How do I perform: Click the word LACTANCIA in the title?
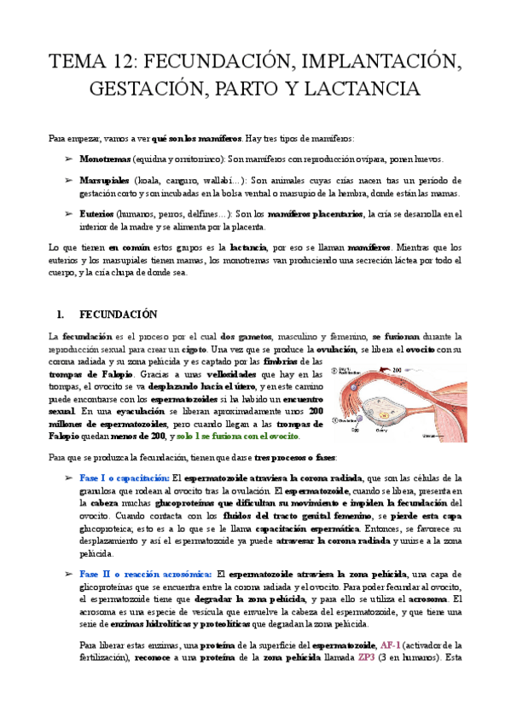357,89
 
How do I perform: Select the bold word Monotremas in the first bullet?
103,159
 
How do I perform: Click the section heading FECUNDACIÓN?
119,314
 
